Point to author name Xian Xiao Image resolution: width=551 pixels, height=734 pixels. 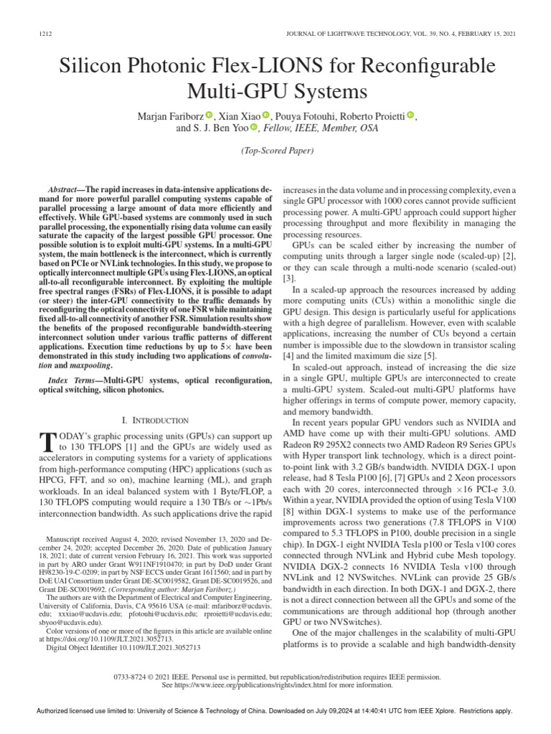pyautogui.click(x=239, y=115)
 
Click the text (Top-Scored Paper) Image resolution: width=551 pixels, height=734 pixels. pyautogui.click(x=275, y=151)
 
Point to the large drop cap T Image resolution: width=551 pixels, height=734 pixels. pyautogui.click(x=50, y=441)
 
